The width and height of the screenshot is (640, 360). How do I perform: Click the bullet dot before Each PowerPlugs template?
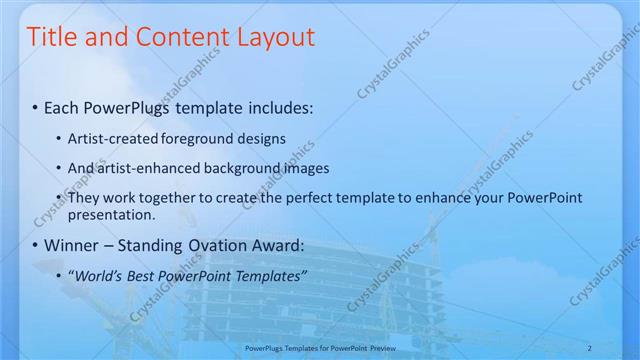point(36,107)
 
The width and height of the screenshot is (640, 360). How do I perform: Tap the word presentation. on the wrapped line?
point(112,214)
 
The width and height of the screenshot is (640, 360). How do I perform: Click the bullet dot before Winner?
point(36,246)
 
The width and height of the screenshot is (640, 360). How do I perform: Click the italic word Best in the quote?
point(140,275)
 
